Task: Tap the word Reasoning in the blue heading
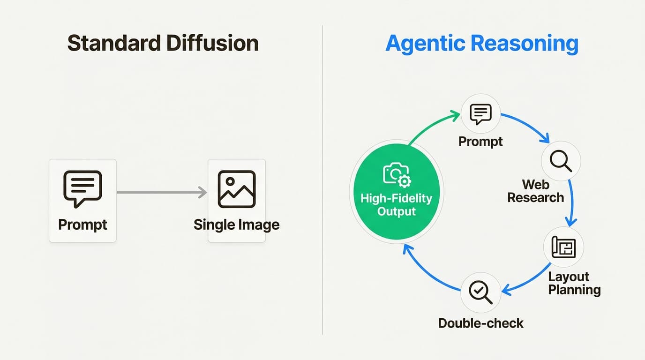pyautogui.click(x=525, y=43)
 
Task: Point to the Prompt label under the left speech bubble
pyautogui.click(x=82, y=224)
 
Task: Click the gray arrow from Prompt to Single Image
pyautogui.click(x=161, y=192)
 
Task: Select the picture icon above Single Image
pyautogui.click(x=237, y=189)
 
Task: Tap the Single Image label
pyautogui.click(x=237, y=225)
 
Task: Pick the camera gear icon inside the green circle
pyautogui.click(x=397, y=175)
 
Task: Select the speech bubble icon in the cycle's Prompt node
pyautogui.click(x=480, y=114)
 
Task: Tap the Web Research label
pyautogui.click(x=535, y=190)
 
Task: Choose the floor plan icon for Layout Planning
pyautogui.click(x=563, y=247)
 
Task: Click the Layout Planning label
pyautogui.click(x=574, y=283)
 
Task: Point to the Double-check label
pyautogui.click(x=480, y=323)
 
